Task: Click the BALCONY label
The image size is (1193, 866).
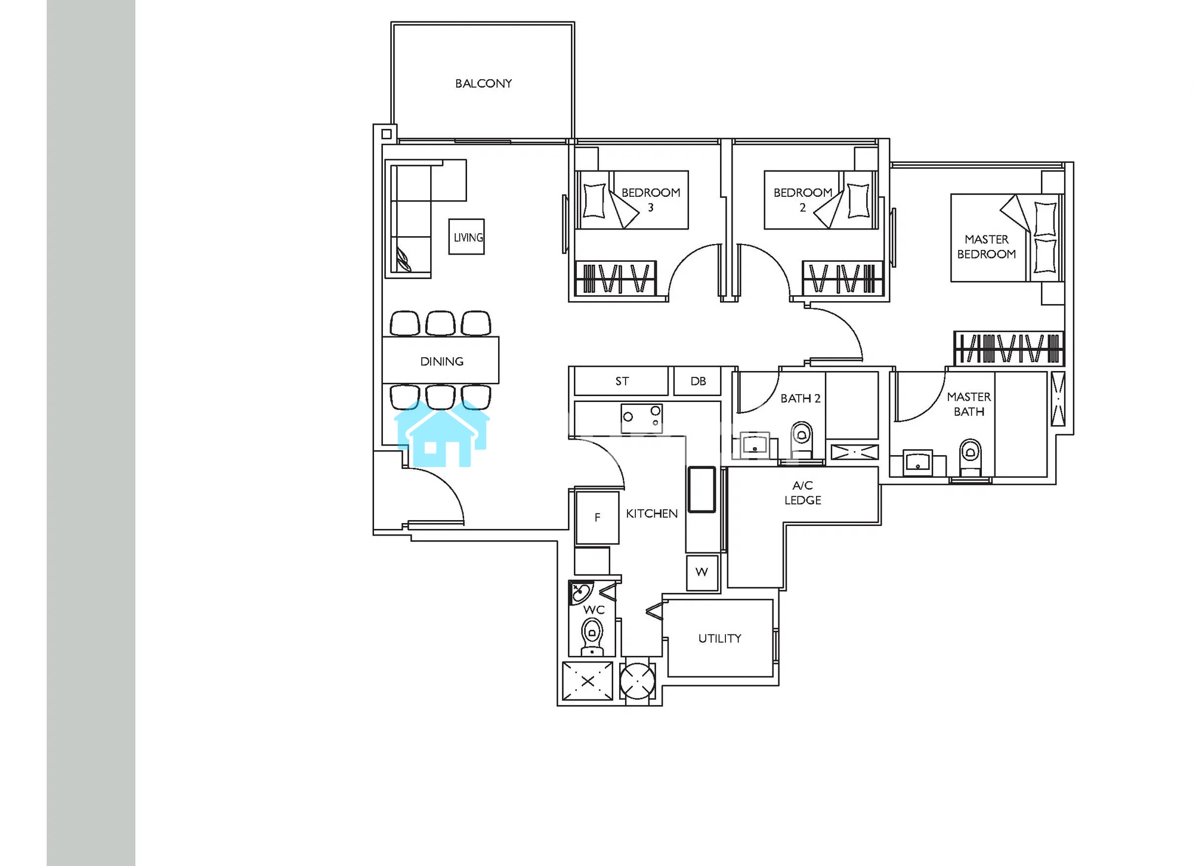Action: pyautogui.click(x=483, y=83)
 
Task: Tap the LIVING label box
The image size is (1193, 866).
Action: pyautogui.click(x=466, y=237)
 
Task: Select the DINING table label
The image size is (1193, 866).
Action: pyautogui.click(x=441, y=361)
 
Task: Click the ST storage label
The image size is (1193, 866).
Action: pyautogui.click(x=622, y=381)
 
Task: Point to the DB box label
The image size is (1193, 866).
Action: pyautogui.click(x=698, y=381)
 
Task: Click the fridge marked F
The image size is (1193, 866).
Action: pyautogui.click(x=597, y=517)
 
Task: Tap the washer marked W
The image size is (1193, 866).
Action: pyautogui.click(x=702, y=573)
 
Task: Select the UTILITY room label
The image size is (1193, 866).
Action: pyautogui.click(x=720, y=638)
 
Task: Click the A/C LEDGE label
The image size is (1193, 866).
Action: pyautogui.click(x=802, y=493)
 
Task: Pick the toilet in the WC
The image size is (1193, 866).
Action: pyautogui.click(x=592, y=636)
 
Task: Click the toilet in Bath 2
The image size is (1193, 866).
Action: pyautogui.click(x=802, y=440)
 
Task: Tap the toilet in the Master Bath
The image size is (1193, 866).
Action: pyautogui.click(x=970, y=457)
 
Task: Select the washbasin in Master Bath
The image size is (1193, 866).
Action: pyautogui.click(x=917, y=463)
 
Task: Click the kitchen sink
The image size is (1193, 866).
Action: pyautogui.click(x=701, y=490)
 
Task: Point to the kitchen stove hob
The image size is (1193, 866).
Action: pyautogui.click(x=642, y=417)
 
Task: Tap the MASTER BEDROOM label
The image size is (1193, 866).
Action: pyautogui.click(x=987, y=247)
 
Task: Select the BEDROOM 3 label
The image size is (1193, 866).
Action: pyautogui.click(x=651, y=200)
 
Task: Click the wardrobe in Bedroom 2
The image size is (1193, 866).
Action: pyautogui.click(x=842, y=278)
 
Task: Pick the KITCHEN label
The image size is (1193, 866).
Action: pyautogui.click(x=651, y=514)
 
